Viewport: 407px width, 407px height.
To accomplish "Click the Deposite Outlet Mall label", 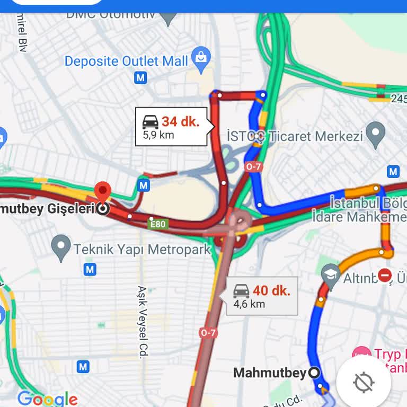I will (x=126, y=61).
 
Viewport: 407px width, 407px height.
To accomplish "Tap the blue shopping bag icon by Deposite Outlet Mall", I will (x=201, y=59).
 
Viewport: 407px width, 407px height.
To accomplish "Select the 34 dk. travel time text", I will (x=181, y=121).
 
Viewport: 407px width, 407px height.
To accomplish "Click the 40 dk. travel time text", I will (x=271, y=290).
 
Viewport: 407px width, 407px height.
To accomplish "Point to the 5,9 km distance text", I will (x=158, y=135).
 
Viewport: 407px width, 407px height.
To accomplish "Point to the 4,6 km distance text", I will (x=249, y=304).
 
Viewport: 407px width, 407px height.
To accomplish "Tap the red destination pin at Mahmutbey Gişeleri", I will (x=102, y=191).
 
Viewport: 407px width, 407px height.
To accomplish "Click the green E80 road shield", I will (x=157, y=224).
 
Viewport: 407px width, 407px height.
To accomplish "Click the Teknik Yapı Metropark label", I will (x=142, y=249).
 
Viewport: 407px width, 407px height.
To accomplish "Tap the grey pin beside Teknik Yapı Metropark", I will (x=61, y=247).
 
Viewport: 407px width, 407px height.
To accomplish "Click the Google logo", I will (x=47, y=399).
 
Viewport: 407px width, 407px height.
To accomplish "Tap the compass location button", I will (x=364, y=382).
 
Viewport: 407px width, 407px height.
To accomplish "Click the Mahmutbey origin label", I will (x=270, y=373).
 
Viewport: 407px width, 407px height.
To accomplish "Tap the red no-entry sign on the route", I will (x=385, y=275).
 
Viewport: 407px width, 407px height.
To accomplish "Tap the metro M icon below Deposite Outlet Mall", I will (x=140, y=78).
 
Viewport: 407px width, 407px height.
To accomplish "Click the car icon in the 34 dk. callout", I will (x=151, y=122).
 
